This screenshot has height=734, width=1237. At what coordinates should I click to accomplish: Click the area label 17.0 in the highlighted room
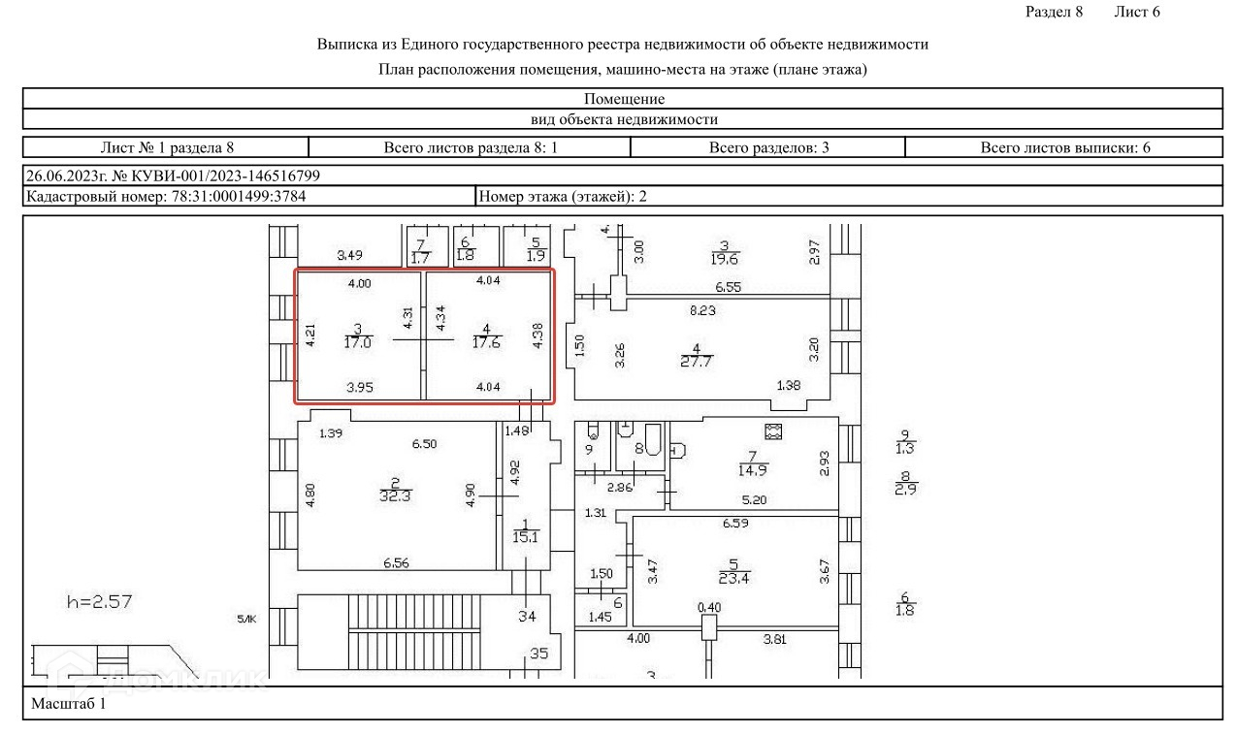(358, 342)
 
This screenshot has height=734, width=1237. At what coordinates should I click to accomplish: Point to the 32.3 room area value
(395, 495)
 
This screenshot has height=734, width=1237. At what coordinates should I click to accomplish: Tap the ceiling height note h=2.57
(99, 601)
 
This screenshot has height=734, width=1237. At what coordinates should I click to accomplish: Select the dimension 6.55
(728, 288)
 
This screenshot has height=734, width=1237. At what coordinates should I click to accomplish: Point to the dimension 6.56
(395, 563)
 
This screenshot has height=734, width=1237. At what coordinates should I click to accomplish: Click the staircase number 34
(527, 617)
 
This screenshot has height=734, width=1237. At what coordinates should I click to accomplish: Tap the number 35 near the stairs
(537, 654)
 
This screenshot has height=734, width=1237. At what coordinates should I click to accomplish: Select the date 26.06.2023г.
(63, 176)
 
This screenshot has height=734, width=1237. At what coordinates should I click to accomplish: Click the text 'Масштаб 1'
(68, 704)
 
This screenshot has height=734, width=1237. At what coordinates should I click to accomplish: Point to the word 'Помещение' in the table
(624, 99)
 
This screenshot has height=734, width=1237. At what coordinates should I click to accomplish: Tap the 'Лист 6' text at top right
(1137, 12)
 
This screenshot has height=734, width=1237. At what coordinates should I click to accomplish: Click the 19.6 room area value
(724, 258)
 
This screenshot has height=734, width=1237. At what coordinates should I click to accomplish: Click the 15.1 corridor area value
(527, 536)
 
